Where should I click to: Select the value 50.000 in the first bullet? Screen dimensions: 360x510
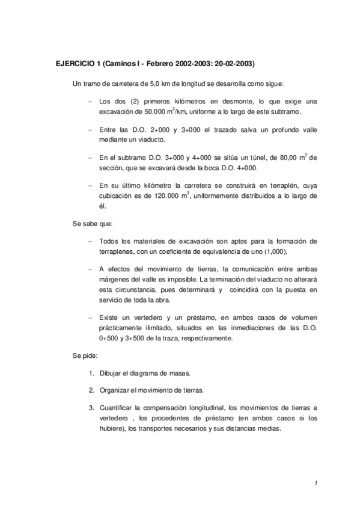click(140, 112)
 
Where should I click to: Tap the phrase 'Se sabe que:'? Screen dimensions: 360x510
click(88, 223)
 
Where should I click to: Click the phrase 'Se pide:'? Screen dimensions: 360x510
click(85, 355)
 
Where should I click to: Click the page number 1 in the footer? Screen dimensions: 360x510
click(315, 483)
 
